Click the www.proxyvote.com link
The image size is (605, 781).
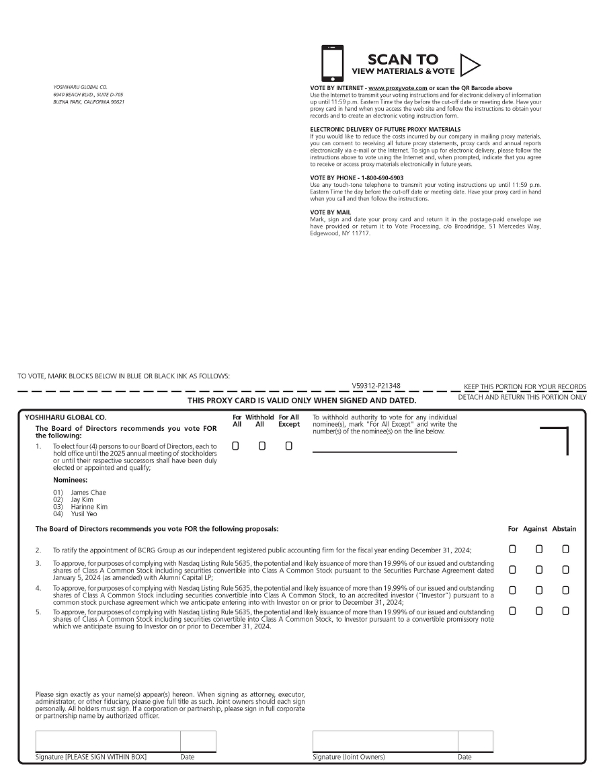coord(398,88)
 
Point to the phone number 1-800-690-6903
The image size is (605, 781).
coord(380,177)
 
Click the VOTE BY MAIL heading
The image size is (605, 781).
coord(330,212)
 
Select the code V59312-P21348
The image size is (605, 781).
coord(376,386)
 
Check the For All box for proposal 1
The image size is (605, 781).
coord(235,446)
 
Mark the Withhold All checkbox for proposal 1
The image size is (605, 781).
coord(262,446)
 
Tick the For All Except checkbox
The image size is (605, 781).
coord(289,446)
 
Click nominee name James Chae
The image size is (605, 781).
coord(88,493)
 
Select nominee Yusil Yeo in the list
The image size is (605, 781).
coord(84,513)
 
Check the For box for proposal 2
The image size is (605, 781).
coord(512,549)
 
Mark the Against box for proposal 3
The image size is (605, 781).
coord(539,570)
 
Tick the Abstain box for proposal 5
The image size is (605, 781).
coord(565,611)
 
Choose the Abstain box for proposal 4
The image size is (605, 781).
coord(565,590)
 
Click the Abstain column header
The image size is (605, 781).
coord(564,529)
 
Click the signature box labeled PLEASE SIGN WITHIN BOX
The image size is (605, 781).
coord(108,741)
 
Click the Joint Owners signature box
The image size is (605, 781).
coord(385,741)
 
